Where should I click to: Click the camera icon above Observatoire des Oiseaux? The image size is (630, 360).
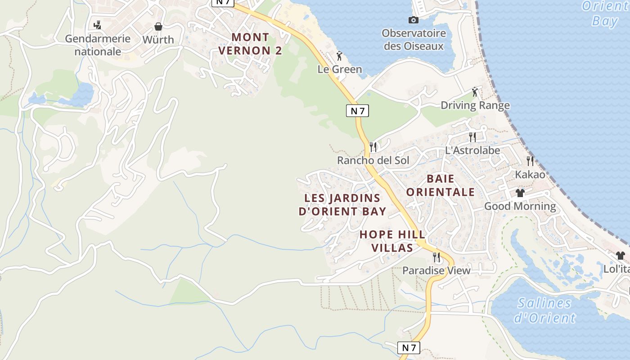coord(413,20)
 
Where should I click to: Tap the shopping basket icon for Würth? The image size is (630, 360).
coord(158,27)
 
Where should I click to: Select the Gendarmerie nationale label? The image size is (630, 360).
coord(98,45)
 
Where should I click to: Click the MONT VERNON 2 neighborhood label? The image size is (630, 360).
coord(250,44)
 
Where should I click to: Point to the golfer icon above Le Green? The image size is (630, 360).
coord(340,56)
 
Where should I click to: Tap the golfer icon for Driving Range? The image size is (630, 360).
coord(475,92)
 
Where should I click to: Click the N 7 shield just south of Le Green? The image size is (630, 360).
coord(357,111)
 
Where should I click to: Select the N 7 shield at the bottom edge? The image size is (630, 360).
coord(409,347)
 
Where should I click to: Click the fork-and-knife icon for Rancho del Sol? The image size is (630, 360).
coord(373,147)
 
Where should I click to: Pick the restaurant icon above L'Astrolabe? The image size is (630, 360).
coord(472,137)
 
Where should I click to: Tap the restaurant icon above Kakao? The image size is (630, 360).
coord(530,161)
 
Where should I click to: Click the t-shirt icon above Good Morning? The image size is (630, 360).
coord(520,193)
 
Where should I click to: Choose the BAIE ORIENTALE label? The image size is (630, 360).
coord(440,185)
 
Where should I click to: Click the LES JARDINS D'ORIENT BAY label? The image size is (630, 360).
coord(342,205)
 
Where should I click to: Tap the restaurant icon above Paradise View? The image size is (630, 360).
coord(436,257)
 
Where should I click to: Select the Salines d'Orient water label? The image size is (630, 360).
coord(544,310)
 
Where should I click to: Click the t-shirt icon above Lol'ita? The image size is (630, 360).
coord(620,256)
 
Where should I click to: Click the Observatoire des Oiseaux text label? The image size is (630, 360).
coord(414,40)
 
